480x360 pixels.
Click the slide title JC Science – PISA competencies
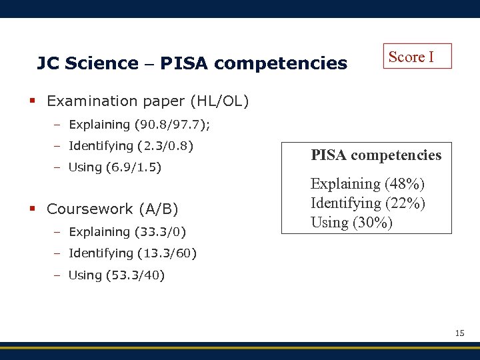click(192, 63)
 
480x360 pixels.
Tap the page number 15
click(459, 333)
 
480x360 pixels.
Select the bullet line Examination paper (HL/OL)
click(147, 101)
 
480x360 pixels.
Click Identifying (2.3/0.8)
click(131, 145)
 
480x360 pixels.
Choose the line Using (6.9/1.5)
click(115, 167)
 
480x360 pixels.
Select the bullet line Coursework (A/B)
click(112, 209)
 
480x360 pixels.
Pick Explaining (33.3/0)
click(127, 232)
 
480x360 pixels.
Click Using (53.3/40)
click(117, 275)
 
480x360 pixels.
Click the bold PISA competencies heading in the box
click(376, 155)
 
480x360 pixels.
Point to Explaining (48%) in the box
click(367, 183)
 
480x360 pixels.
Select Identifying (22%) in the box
click(368, 203)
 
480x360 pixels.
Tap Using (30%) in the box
click(351, 222)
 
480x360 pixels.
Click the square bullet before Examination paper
click(32, 101)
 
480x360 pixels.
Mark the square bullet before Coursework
click(32, 209)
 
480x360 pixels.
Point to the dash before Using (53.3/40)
click(58, 275)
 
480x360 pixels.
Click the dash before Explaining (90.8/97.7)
click(58, 125)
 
